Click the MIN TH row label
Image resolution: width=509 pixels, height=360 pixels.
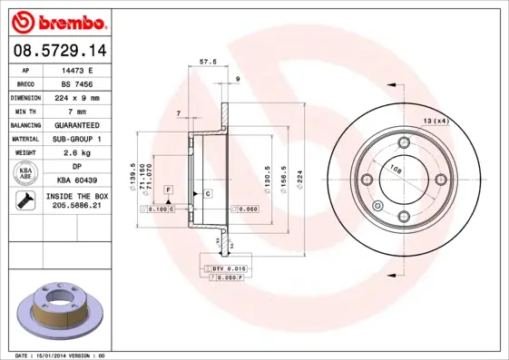click(25, 110)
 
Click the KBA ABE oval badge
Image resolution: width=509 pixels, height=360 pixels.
click(25, 174)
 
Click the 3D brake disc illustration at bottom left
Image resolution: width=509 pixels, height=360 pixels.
click(60, 310)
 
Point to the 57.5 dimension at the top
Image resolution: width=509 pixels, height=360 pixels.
click(207, 63)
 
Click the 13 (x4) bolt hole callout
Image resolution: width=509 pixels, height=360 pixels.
click(436, 121)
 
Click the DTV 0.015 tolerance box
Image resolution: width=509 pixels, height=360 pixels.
click(230, 269)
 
